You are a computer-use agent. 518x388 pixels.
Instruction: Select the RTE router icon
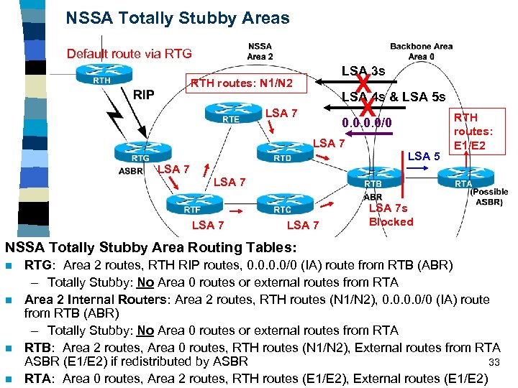pyautogui.click(x=226, y=114)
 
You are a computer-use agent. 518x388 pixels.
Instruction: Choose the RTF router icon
pyautogui.click(x=191, y=205)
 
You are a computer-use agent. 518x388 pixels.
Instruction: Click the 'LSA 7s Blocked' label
pyautogui.click(x=391, y=215)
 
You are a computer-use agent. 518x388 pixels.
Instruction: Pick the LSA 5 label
pyautogui.click(x=424, y=156)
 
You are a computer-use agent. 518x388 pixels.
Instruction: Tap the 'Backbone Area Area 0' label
pyautogui.click(x=421, y=50)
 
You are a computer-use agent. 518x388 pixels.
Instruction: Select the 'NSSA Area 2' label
pyautogui.click(x=260, y=50)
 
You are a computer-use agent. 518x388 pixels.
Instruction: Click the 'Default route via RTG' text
pyautogui.click(x=129, y=54)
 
